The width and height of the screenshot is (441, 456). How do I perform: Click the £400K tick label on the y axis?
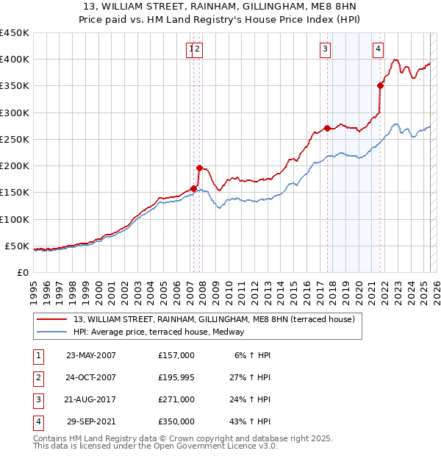point(15,60)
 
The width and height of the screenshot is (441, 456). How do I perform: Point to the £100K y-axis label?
point(15,219)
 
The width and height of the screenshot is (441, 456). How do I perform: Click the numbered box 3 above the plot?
point(324,49)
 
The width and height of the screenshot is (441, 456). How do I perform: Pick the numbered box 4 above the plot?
point(378,49)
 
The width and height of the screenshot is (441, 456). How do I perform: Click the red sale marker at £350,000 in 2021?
point(381,85)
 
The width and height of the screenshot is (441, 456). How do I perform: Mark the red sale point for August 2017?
point(327,128)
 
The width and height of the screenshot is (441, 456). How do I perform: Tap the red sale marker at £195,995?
point(199,168)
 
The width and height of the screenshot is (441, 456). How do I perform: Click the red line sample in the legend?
point(51,320)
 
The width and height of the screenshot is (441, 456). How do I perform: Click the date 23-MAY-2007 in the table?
point(91,355)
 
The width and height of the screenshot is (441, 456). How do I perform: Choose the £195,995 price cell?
point(176,377)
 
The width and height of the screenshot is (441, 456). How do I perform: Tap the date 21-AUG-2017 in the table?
point(91,399)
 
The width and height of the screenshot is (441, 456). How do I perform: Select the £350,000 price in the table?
point(176,421)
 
